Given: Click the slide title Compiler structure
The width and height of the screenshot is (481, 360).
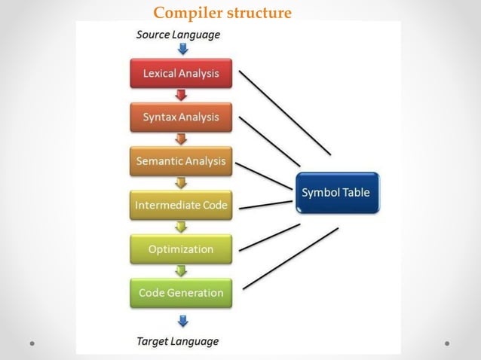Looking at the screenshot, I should coord(222,13).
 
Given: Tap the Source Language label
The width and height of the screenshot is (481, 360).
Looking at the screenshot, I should coord(178,35).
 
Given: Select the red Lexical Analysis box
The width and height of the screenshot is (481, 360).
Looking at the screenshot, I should coord(181,74).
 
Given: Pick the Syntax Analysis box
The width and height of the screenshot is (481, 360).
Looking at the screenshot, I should coord(181,117).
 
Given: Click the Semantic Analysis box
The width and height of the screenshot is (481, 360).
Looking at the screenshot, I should coord(181,161).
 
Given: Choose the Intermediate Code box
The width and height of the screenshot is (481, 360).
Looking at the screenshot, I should coord(181,205).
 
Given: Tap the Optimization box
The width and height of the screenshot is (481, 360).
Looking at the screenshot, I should coord(181,249).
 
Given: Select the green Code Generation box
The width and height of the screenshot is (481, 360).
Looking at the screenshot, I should coord(181,293).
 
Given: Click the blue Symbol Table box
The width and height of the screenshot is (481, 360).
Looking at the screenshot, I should coord(336,193).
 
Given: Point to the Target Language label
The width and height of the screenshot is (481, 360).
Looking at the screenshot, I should coord(178,341).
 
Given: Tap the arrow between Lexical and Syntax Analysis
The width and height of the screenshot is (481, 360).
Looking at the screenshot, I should coord(181,96).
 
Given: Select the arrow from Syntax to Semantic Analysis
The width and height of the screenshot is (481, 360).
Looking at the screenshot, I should coord(181,139).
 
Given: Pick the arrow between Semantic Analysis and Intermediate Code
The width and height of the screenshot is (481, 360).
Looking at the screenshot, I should coord(181,183).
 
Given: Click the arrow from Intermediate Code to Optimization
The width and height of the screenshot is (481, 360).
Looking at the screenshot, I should coord(181,227).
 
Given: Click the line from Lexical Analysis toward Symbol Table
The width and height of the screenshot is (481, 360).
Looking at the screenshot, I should coord(285,113).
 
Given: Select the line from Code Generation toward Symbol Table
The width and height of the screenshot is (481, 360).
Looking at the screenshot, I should coord(290,258).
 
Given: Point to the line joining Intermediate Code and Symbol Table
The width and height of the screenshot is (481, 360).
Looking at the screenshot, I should coord(265,203).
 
